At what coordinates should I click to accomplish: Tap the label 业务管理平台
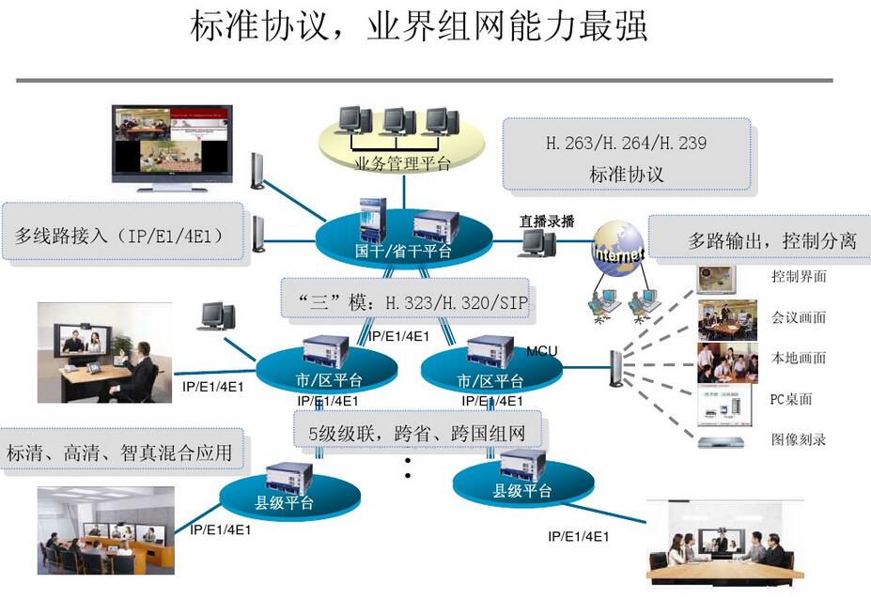[x=403, y=164]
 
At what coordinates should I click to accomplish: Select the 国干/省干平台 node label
[x=403, y=251]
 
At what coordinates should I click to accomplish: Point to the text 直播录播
[x=547, y=222]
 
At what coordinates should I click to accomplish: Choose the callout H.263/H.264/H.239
[x=627, y=144]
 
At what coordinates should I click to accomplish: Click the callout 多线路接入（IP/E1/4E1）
[x=120, y=235]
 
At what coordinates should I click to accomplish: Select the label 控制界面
[x=799, y=277]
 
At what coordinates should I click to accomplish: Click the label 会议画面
[x=799, y=317]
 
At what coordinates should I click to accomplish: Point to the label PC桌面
[x=791, y=399]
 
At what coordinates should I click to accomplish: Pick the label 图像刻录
[x=799, y=439]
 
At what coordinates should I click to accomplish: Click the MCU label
[x=541, y=351]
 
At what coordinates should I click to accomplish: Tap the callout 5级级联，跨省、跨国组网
[x=416, y=434]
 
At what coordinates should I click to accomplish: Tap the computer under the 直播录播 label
[x=537, y=244]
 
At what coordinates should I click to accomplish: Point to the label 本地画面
[x=799, y=358]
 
